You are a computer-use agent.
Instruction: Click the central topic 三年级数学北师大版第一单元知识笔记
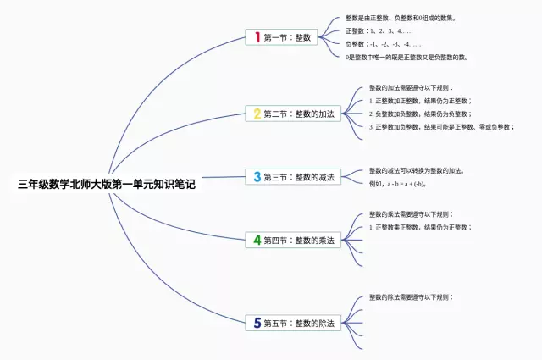click(106, 184)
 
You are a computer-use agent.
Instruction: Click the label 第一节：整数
click(288, 37)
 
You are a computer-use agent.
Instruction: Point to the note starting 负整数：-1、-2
click(383, 44)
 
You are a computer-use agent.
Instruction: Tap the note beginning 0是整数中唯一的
click(406, 58)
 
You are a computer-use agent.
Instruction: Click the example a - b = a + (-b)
click(396, 184)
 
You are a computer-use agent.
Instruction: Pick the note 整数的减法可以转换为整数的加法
click(416, 170)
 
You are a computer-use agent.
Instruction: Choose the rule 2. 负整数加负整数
click(419, 114)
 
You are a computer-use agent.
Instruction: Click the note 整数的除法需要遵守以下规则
click(411, 297)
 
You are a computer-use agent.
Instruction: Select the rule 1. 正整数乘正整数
click(419, 228)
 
